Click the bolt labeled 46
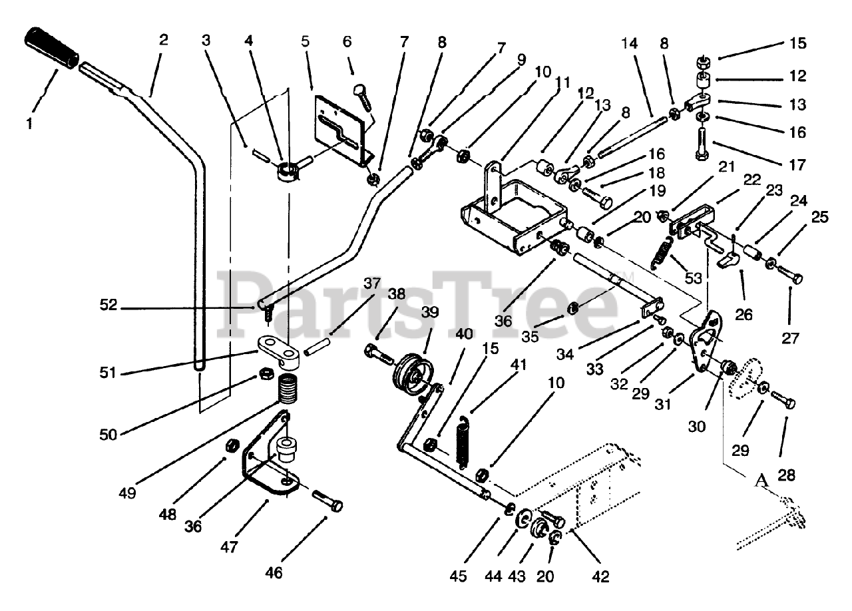pos(327,501)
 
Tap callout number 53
pos(694,278)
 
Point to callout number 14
pos(629,43)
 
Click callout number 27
pos(789,337)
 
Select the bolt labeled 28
pos(785,401)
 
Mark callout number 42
pos(600,576)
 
